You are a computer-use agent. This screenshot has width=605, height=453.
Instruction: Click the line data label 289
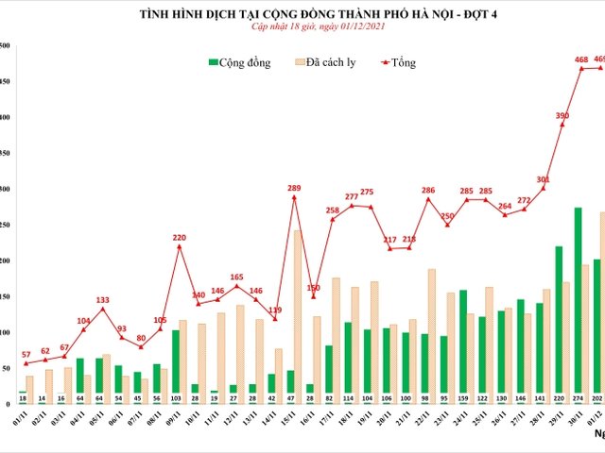(293, 187)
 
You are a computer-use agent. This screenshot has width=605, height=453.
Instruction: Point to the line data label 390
(562, 115)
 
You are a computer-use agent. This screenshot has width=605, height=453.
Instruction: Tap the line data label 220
(179, 237)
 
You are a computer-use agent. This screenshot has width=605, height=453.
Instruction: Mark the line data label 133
(102, 299)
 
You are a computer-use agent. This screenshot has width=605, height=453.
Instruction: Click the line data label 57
(25, 354)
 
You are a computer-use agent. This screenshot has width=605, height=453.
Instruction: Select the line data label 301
(543, 179)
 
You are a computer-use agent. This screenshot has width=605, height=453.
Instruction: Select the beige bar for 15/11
(298, 310)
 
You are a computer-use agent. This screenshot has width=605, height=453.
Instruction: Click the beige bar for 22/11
(432, 329)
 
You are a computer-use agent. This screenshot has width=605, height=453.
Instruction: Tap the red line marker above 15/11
(294, 197)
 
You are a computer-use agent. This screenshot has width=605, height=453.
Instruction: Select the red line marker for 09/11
(179, 247)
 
